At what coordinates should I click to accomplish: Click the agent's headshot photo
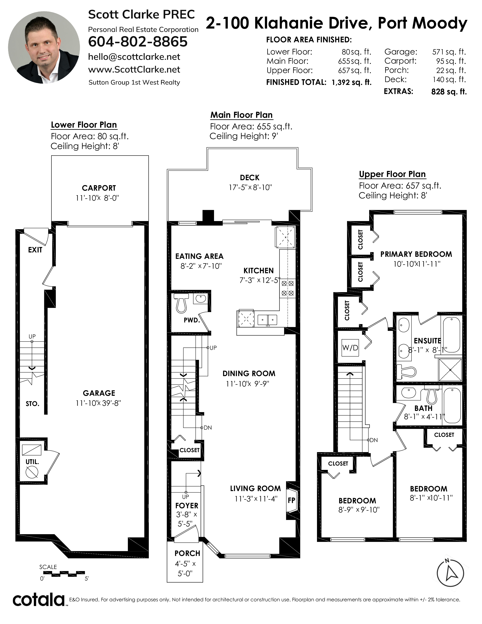[44, 48]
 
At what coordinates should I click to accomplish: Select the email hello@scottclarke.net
[134, 57]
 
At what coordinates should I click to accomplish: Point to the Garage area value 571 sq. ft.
[449, 52]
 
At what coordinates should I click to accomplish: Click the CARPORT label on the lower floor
[99, 188]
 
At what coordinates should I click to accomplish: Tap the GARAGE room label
[99, 393]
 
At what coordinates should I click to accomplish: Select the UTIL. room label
[32, 462]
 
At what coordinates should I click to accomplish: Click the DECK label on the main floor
[250, 178]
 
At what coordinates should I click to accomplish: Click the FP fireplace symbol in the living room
[291, 500]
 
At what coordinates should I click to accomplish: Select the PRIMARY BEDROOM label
[416, 254]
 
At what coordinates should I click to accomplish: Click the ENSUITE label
[427, 341]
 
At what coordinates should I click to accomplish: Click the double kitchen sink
[267, 320]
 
